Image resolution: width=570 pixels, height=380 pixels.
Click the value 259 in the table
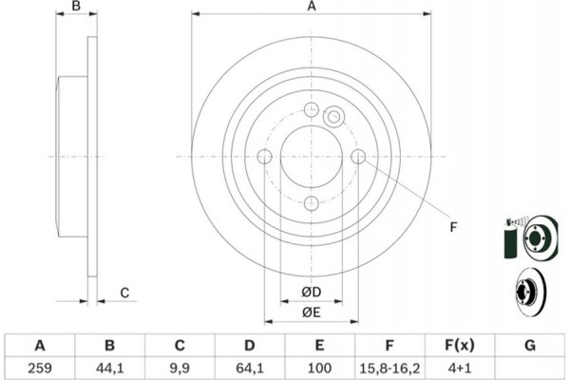coord(40,368)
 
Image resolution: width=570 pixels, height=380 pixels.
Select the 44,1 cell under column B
coord(110,368)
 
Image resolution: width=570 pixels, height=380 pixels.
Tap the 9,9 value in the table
coord(180,368)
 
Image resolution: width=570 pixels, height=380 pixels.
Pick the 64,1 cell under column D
coord(249,368)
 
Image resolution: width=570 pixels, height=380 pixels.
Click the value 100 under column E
coord(319,368)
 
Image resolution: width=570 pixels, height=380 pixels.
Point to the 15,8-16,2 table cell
coord(389,368)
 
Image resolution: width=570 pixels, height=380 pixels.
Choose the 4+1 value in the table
coord(460,368)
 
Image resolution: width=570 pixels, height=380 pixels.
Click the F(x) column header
coord(460,345)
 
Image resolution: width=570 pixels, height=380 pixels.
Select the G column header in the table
coord(530,345)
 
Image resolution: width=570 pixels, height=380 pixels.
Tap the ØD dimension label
coord(312,292)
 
